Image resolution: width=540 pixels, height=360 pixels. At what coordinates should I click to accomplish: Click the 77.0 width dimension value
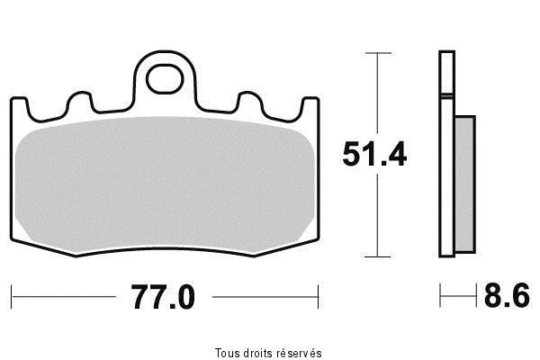coord(163,297)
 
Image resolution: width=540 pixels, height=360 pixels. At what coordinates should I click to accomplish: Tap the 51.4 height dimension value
coord(374,154)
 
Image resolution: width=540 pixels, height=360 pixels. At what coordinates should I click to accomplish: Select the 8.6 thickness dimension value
coord(507,295)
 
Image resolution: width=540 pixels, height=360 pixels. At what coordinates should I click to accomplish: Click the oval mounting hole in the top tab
coord(165,79)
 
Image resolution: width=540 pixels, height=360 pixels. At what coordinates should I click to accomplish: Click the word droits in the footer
coord(258,353)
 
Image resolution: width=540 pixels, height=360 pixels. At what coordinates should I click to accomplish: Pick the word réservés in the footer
coord(300,353)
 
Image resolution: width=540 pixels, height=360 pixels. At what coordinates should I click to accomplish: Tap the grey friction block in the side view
coord(465,184)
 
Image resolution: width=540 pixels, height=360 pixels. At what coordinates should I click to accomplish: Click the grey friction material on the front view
coord(165,184)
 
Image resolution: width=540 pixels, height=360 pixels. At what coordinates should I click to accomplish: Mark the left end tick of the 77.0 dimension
coord(12,297)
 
